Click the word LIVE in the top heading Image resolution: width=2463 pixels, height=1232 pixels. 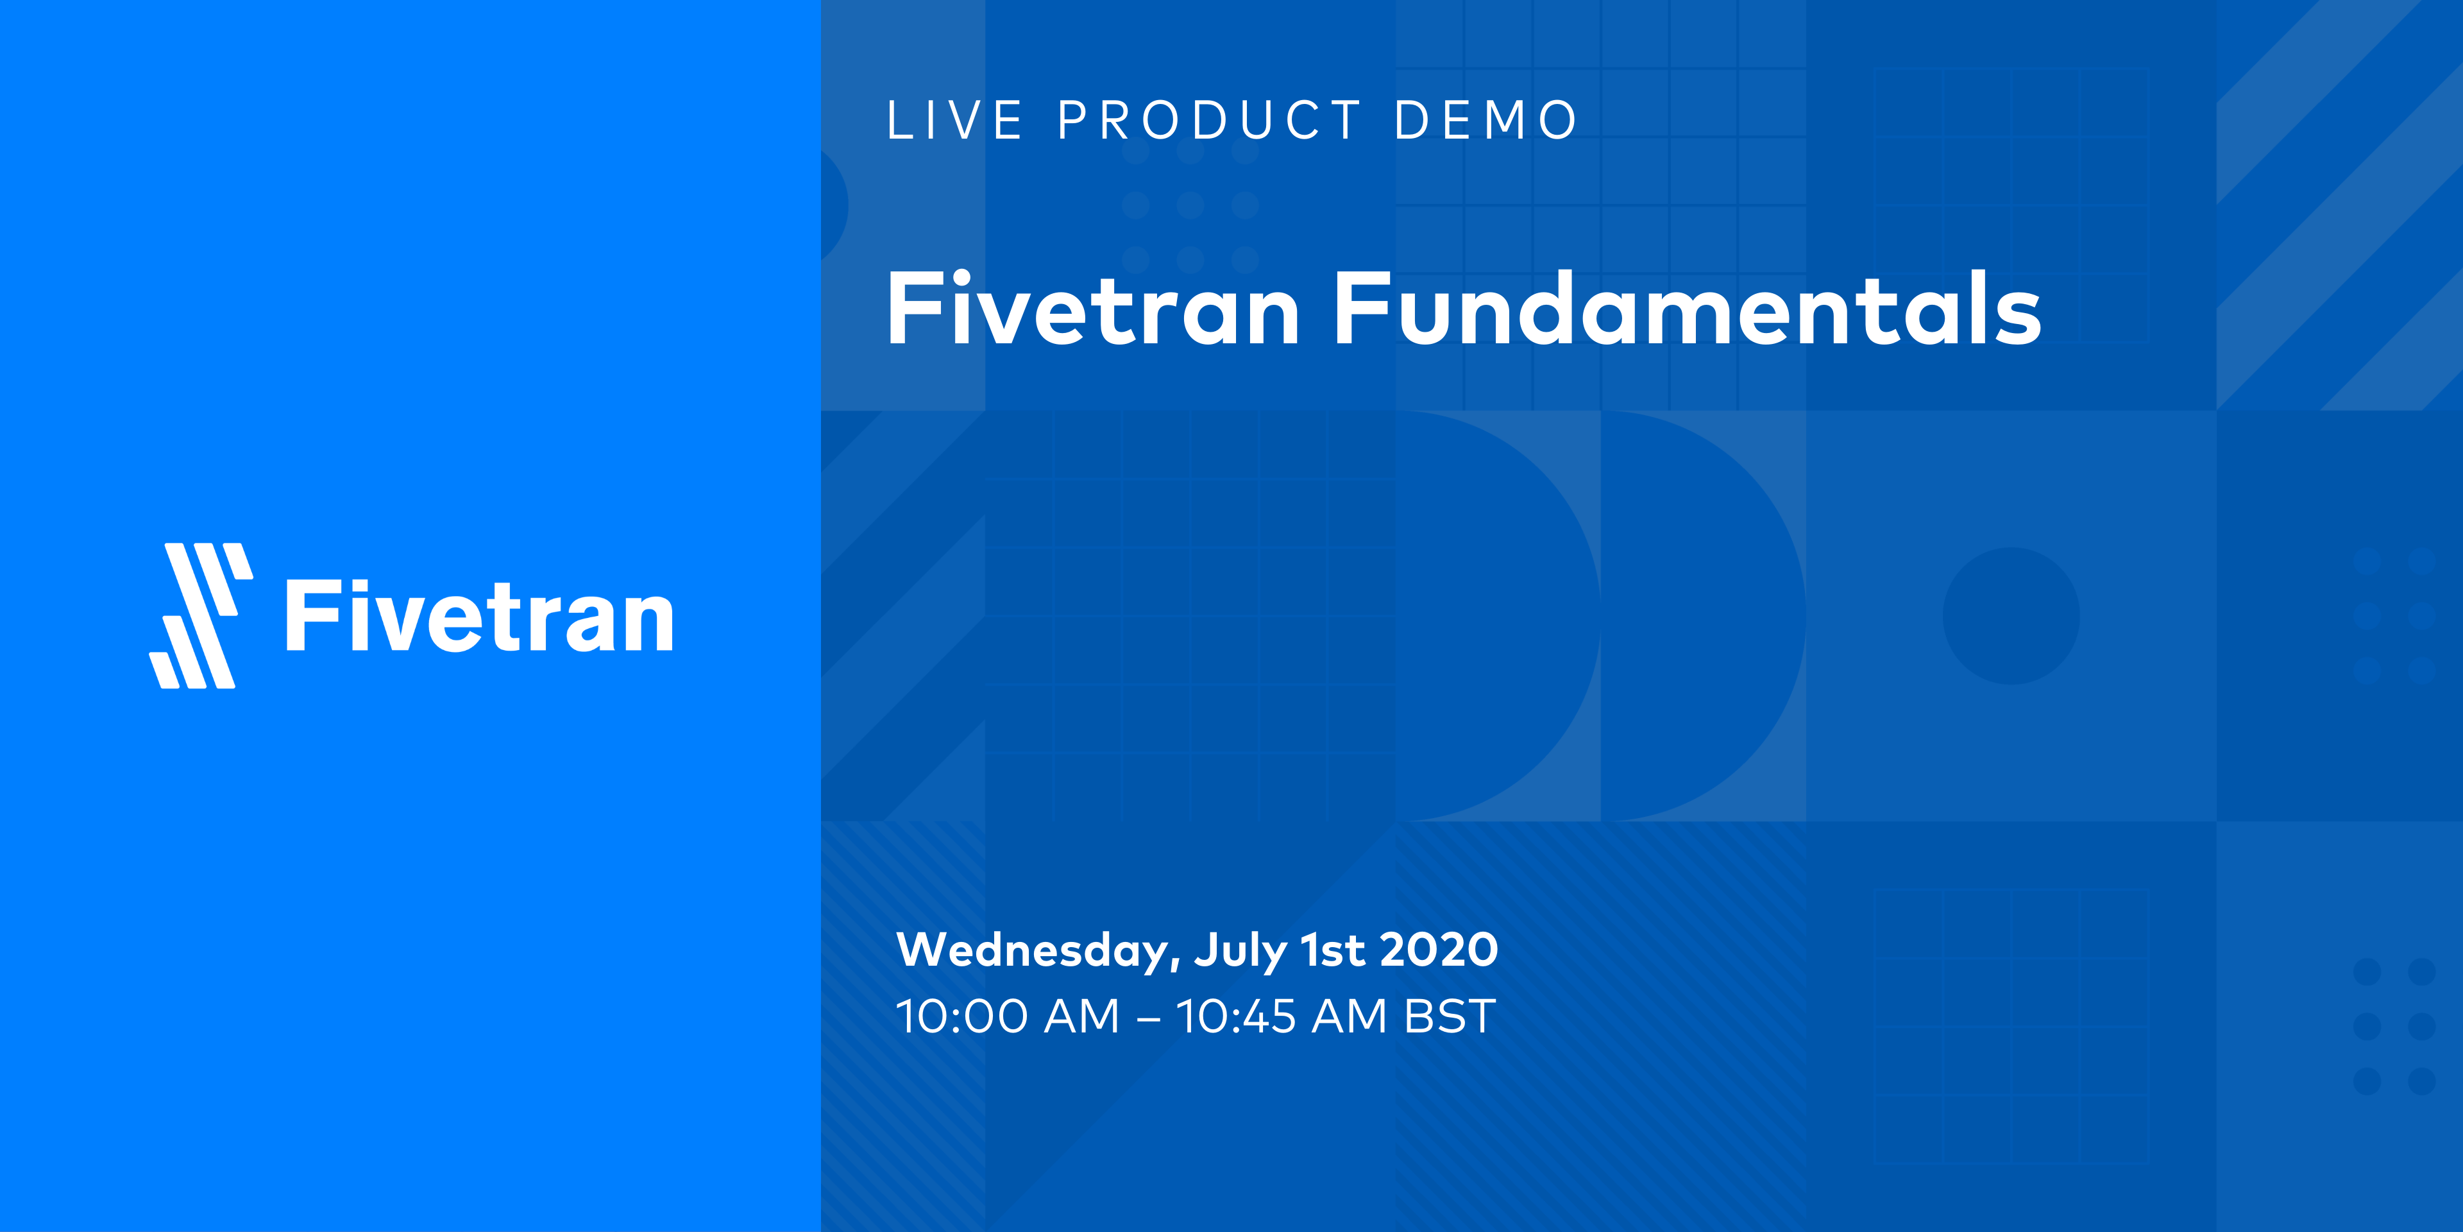954,121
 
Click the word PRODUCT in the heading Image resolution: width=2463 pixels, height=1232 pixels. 1210,121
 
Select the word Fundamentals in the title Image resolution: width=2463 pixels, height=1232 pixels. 1687,309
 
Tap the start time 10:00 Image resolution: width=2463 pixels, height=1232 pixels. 961,1017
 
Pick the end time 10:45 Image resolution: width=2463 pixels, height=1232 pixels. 1235,1017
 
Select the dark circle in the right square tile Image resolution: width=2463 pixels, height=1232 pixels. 2011,616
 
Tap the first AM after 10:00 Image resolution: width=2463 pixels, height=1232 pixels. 1081,1017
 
